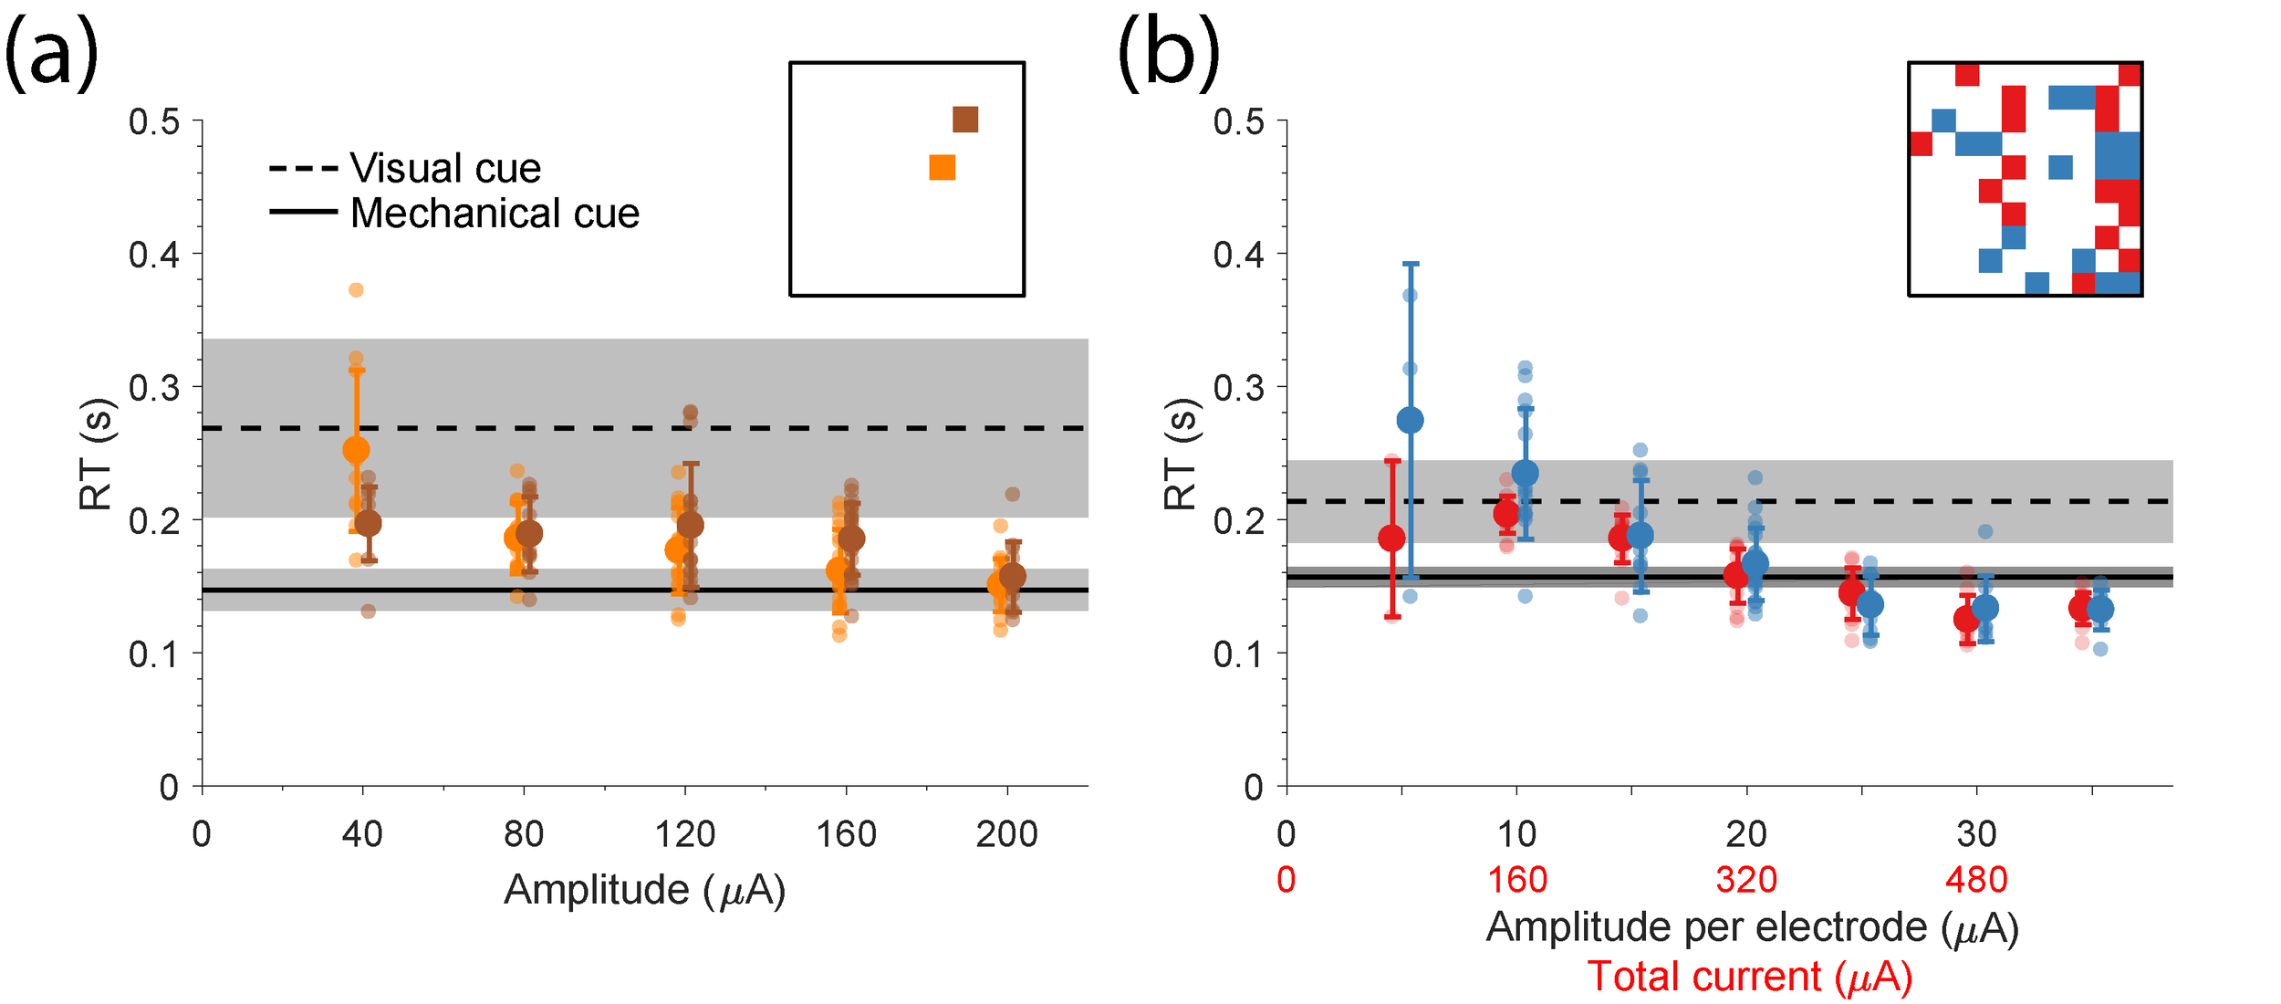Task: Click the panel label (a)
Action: coord(51,55)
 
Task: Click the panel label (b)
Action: coord(1169,55)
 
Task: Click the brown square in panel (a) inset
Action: coord(964,120)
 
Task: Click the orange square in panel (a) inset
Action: coord(942,168)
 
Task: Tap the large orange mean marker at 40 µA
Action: coord(356,449)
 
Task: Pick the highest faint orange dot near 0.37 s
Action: coord(356,290)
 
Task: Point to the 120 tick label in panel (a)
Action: coord(684,834)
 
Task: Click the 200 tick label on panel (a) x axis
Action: coord(1006,834)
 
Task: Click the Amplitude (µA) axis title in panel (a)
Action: coord(644,890)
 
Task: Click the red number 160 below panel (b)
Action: coord(1517,880)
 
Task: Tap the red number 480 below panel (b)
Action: coord(1976,880)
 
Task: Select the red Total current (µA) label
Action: coord(1750,977)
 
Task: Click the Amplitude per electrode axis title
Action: coord(1752,928)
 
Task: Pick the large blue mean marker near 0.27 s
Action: coord(1411,420)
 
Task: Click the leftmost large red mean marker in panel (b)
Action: coord(1391,539)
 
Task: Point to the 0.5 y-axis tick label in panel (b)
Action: coord(1238,121)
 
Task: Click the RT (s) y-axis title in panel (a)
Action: coord(97,455)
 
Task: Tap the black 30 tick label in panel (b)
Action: coord(1976,834)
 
